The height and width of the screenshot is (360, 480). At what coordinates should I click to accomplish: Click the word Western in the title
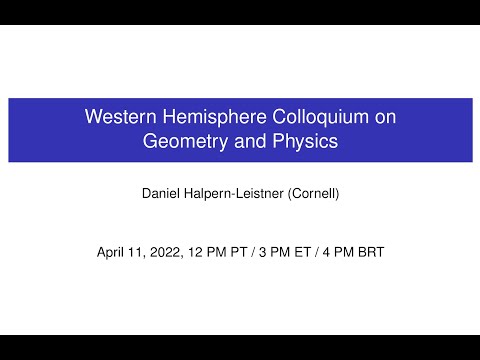pos(118,117)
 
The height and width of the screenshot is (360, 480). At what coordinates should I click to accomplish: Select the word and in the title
pos(249,141)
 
